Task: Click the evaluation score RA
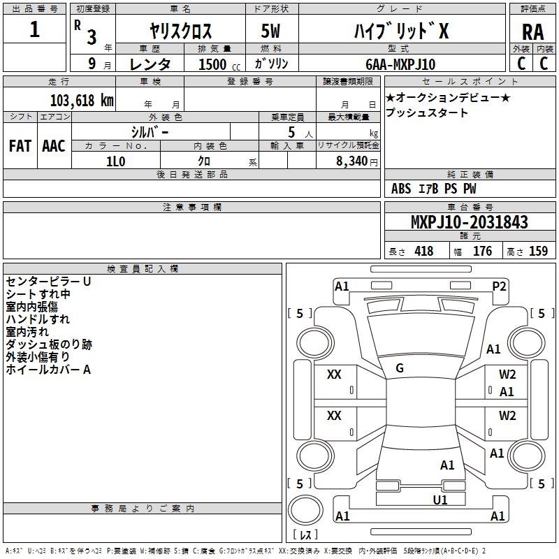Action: [x=532, y=31]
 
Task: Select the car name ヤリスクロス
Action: [x=181, y=31]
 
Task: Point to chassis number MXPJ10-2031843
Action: [x=469, y=223]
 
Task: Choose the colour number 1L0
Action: [x=115, y=161]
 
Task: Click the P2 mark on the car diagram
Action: [x=499, y=286]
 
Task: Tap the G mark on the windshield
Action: [x=399, y=368]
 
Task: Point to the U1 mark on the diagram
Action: [x=440, y=500]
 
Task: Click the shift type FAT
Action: [x=20, y=145]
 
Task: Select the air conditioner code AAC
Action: [x=53, y=145]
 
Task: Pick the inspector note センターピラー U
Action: [x=48, y=282]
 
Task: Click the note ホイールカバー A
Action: [x=48, y=370]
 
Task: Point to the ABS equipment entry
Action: [x=401, y=189]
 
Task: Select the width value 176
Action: [x=482, y=252]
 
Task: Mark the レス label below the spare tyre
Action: [x=305, y=535]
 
